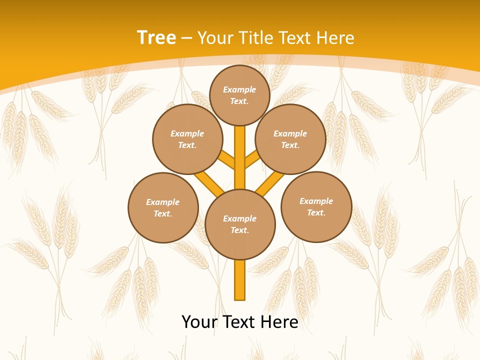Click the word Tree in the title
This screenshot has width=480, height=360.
tap(156, 37)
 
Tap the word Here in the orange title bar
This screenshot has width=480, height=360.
tap(335, 37)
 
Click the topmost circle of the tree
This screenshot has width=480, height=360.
tap(239, 95)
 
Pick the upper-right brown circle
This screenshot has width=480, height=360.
tap(290, 139)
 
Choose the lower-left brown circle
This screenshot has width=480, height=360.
tap(163, 207)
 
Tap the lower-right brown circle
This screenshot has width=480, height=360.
tap(316, 206)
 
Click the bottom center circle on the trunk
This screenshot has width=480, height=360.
tap(240, 224)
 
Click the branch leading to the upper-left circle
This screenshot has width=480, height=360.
tap(227, 160)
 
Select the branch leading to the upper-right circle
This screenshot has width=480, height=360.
tap(252, 159)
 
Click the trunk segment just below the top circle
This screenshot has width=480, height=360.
tap(240, 150)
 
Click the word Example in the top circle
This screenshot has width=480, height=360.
tap(239, 89)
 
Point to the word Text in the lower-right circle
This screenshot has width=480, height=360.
tap(316, 212)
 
